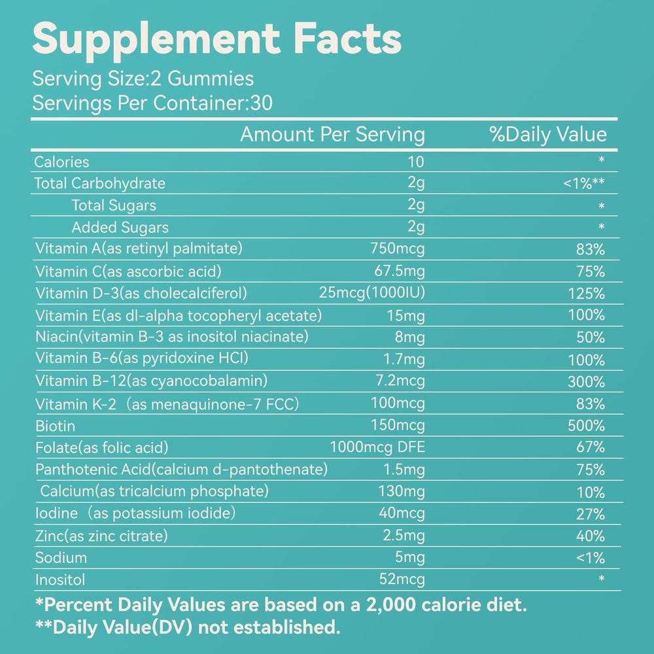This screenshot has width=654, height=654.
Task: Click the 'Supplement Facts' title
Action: [216, 39]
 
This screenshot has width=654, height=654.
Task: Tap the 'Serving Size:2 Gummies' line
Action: [143, 79]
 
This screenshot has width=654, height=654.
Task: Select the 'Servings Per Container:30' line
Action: [152, 103]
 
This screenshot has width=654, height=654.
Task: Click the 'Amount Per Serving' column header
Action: [332, 135]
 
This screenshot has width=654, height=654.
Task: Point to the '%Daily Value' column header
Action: [548, 135]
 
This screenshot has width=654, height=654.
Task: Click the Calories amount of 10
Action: [415, 162]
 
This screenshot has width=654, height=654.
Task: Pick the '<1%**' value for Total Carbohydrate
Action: [583, 184]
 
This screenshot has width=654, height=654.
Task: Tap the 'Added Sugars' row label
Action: [120, 228]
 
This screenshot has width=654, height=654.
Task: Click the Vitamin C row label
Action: [128, 271]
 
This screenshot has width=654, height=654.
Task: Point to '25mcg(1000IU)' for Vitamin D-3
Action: [371, 293]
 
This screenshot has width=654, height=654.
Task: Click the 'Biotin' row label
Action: [56, 426]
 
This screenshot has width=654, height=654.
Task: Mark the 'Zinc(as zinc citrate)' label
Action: [101, 536]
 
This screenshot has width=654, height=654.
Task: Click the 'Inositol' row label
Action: [60, 580]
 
